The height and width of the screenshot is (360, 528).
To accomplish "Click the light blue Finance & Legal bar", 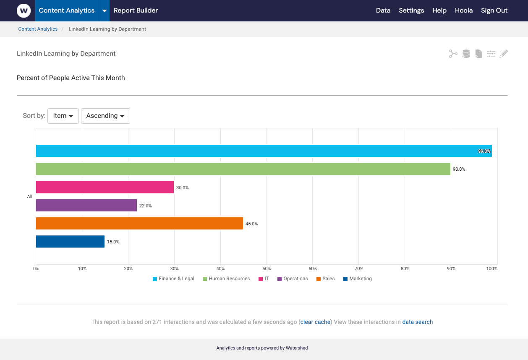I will pyautogui.click(x=264, y=151).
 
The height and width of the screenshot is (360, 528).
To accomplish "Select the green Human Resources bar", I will pyautogui.click(x=243, y=169).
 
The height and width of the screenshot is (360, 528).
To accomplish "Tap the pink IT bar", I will pyautogui.click(x=105, y=187).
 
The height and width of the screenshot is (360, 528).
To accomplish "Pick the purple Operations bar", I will pyautogui.click(x=86, y=205).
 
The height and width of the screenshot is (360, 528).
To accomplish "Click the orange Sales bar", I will pyautogui.click(x=139, y=223).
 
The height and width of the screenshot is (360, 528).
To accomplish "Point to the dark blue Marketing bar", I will pyautogui.click(x=70, y=241).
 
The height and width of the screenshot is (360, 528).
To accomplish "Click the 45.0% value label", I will pyautogui.click(x=252, y=224).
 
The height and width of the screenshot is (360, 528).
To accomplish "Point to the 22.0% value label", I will pyautogui.click(x=146, y=206).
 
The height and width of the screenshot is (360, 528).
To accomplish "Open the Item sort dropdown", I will pyautogui.click(x=63, y=116).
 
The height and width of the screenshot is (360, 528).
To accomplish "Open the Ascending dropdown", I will pyautogui.click(x=105, y=116).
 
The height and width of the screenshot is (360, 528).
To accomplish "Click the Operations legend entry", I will pyautogui.click(x=293, y=279).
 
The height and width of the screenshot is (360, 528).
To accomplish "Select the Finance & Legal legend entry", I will pyautogui.click(x=173, y=279).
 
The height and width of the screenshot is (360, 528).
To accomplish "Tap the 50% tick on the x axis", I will pyautogui.click(x=267, y=269).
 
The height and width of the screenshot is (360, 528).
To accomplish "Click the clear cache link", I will pyautogui.click(x=315, y=322).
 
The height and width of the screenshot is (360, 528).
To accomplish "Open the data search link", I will pyautogui.click(x=417, y=322).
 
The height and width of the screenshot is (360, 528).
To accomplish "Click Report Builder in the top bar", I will pyautogui.click(x=136, y=10).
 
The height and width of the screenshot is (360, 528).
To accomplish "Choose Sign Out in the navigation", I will pyautogui.click(x=494, y=10).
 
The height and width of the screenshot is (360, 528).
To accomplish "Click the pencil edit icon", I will pyautogui.click(x=504, y=54).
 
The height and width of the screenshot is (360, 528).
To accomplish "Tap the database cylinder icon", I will pyautogui.click(x=466, y=54).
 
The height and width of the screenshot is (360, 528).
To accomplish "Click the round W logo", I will pyautogui.click(x=24, y=10).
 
